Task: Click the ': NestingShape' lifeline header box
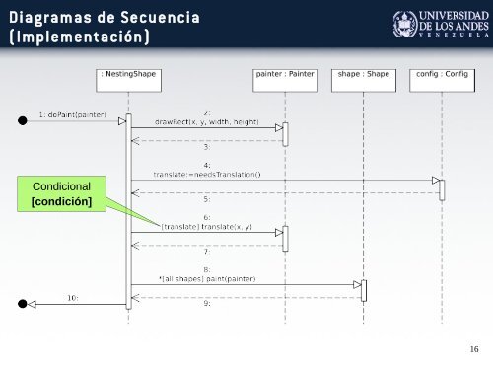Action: click(x=129, y=73)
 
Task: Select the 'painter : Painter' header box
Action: click(x=284, y=73)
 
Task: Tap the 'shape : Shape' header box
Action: click(x=363, y=73)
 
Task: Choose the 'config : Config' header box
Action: click(x=441, y=73)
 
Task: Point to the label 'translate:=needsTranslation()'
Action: click(x=206, y=174)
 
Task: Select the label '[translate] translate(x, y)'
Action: click(x=206, y=227)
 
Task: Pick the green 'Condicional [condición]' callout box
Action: click(x=62, y=193)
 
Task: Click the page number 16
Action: click(x=474, y=347)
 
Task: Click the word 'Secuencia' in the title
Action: click(x=155, y=17)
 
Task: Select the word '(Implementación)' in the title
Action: click(x=80, y=38)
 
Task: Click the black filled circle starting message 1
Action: click(x=23, y=121)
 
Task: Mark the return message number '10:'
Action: click(x=72, y=297)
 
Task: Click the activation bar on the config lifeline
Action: click(x=441, y=189)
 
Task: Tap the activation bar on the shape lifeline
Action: click(x=363, y=290)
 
